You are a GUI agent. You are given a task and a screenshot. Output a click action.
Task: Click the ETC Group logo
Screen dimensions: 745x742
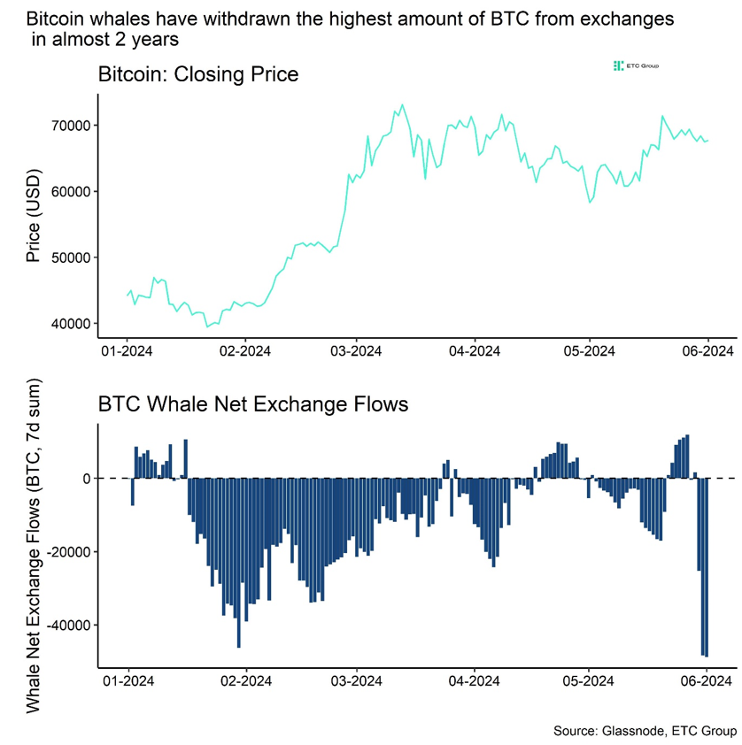[x=635, y=66]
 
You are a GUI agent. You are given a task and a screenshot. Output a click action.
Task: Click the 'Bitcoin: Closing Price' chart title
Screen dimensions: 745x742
[x=197, y=74]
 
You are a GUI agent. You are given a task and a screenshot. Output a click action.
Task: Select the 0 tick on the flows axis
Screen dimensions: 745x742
[x=88, y=479]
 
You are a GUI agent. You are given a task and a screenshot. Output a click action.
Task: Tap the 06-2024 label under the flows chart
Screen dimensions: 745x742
[x=705, y=681]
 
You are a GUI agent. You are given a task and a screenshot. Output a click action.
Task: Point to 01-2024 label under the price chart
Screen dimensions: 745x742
[x=128, y=350]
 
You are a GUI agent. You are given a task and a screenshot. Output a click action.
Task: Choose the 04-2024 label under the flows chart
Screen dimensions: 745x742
[x=475, y=681]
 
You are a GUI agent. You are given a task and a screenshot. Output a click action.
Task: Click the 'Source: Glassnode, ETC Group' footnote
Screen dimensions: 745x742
[x=644, y=731]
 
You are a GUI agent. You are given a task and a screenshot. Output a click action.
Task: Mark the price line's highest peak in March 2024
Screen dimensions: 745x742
[x=402, y=105]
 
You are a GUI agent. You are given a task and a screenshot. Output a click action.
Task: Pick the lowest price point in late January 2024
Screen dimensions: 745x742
[x=208, y=326]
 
